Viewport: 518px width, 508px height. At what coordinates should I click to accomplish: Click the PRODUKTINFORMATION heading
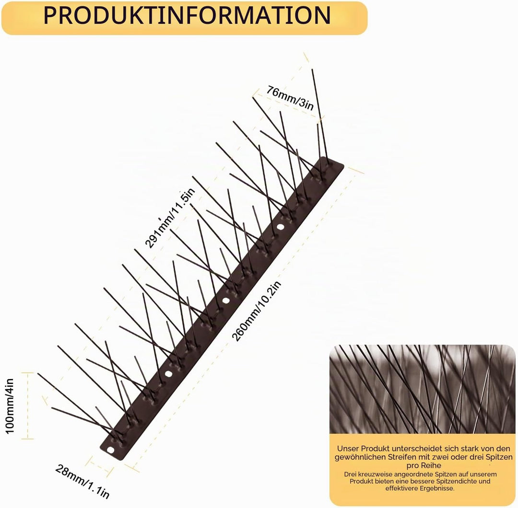pyautogui.click(x=187, y=15)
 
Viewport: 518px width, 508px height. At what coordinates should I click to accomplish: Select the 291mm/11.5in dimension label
pyautogui.click(x=170, y=218)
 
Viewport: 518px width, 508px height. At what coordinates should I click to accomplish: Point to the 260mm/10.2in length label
pyautogui.click(x=256, y=311)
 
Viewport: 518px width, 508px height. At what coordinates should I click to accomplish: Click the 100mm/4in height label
pyautogui.click(x=10, y=406)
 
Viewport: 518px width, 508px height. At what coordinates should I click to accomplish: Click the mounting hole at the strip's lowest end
pyautogui.click(x=110, y=450)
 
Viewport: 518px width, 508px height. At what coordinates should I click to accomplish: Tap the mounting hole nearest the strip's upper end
pyautogui.click(x=280, y=227)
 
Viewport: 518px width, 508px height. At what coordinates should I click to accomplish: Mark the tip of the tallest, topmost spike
pyautogui.click(x=312, y=69)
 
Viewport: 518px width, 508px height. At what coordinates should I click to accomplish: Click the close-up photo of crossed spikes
pyautogui.click(x=422, y=389)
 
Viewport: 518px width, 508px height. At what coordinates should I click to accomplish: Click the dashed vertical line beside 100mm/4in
pyautogui.click(x=28, y=405)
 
